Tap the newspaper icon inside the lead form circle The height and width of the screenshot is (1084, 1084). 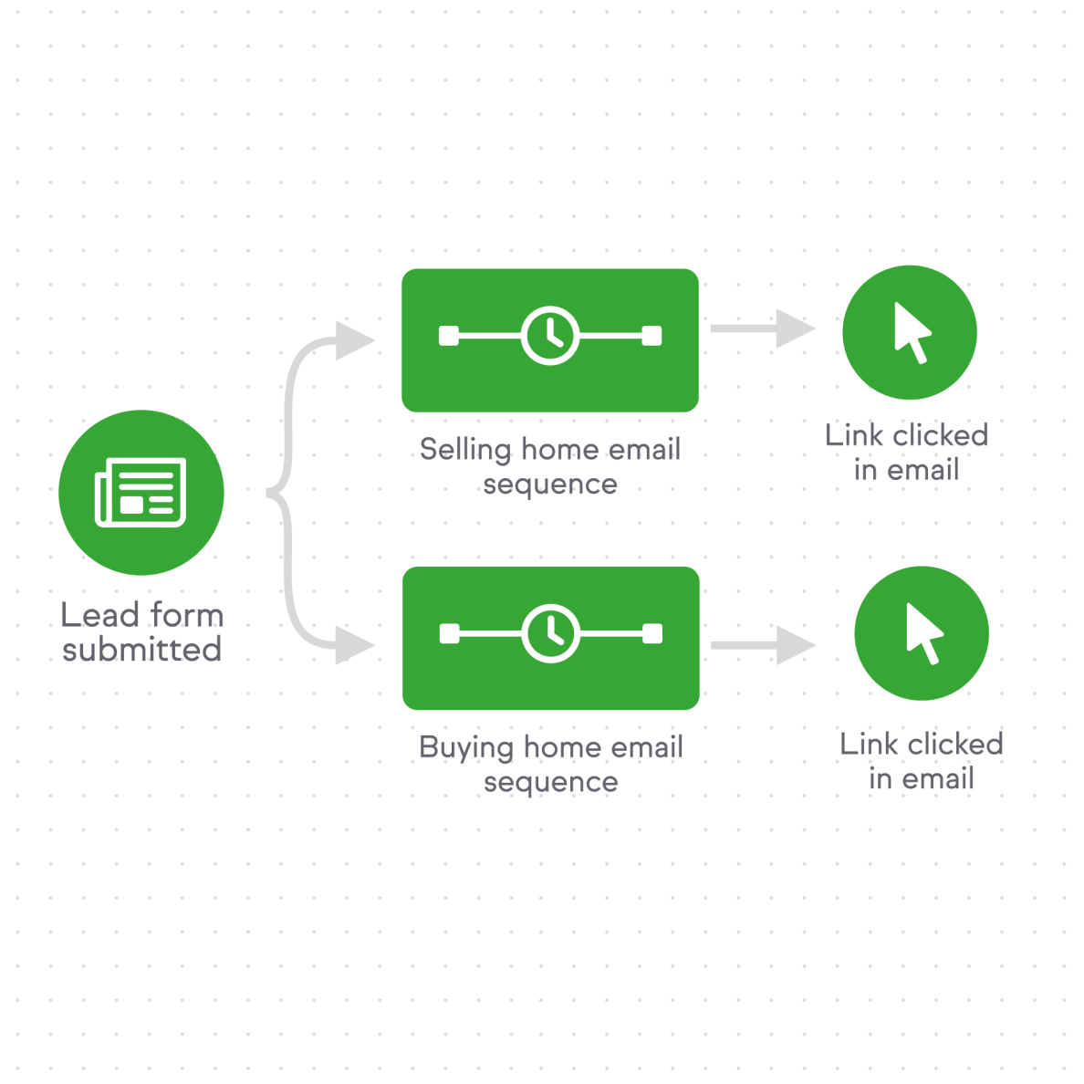(x=141, y=493)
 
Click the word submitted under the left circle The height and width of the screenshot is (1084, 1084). (x=142, y=650)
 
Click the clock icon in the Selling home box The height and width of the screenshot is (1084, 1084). (x=550, y=336)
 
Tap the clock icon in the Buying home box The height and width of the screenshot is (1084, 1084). (x=550, y=633)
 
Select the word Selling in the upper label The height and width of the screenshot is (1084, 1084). (x=465, y=450)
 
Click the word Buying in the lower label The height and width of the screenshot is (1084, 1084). (x=466, y=748)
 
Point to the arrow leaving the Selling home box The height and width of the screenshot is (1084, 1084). (x=762, y=328)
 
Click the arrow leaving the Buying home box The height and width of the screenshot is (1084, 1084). (x=762, y=646)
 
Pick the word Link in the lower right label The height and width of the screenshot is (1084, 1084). (x=869, y=745)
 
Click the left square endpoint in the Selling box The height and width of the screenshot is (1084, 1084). (x=449, y=337)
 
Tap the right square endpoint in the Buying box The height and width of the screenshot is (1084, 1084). (x=652, y=634)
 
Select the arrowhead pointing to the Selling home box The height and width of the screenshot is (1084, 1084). (x=355, y=340)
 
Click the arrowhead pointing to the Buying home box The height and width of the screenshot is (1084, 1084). (x=355, y=646)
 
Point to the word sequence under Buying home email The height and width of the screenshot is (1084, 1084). (x=550, y=783)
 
